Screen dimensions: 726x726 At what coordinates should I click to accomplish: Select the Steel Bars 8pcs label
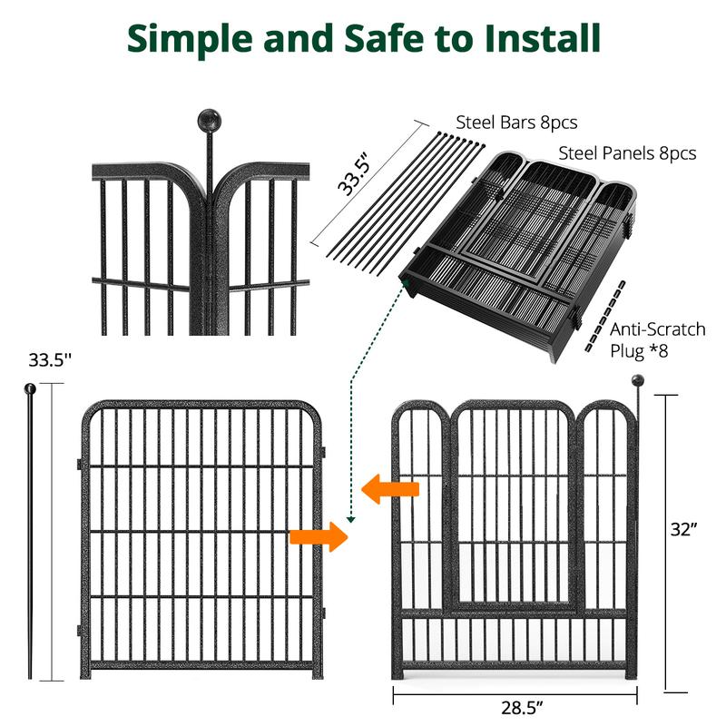coord(515,123)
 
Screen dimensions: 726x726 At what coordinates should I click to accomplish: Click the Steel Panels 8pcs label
coord(627,153)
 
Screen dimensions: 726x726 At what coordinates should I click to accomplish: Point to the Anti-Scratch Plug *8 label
coord(657,339)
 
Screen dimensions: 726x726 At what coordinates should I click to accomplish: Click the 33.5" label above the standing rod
coord(49,359)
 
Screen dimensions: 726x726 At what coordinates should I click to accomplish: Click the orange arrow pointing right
coord(319,536)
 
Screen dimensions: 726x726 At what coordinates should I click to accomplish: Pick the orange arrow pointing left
coord(390,490)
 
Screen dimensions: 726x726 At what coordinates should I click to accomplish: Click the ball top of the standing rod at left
coord(31,389)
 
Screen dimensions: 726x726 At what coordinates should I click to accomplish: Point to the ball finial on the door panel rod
coord(637,381)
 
